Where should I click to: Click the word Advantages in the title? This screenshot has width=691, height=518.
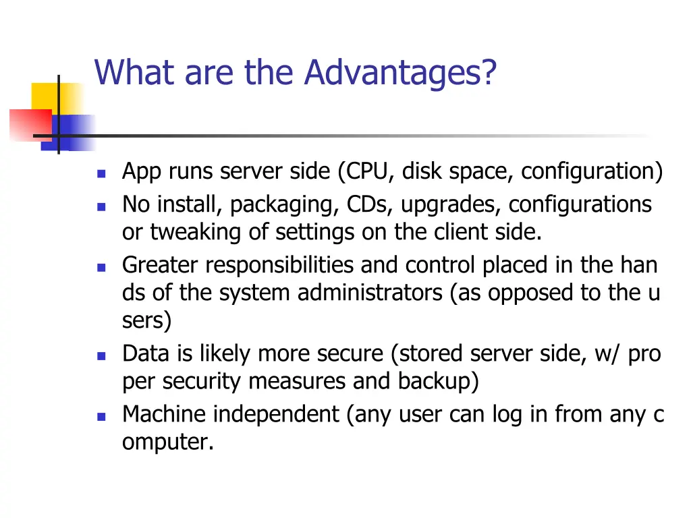point(399,73)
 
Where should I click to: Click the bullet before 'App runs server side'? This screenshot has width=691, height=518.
point(101,173)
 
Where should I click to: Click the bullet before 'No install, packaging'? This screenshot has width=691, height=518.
point(101,206)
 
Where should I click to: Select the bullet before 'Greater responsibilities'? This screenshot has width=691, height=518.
point(101,267)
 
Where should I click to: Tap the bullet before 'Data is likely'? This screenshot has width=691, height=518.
point(101,355)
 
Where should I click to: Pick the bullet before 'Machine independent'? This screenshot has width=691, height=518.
point(101,416)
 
